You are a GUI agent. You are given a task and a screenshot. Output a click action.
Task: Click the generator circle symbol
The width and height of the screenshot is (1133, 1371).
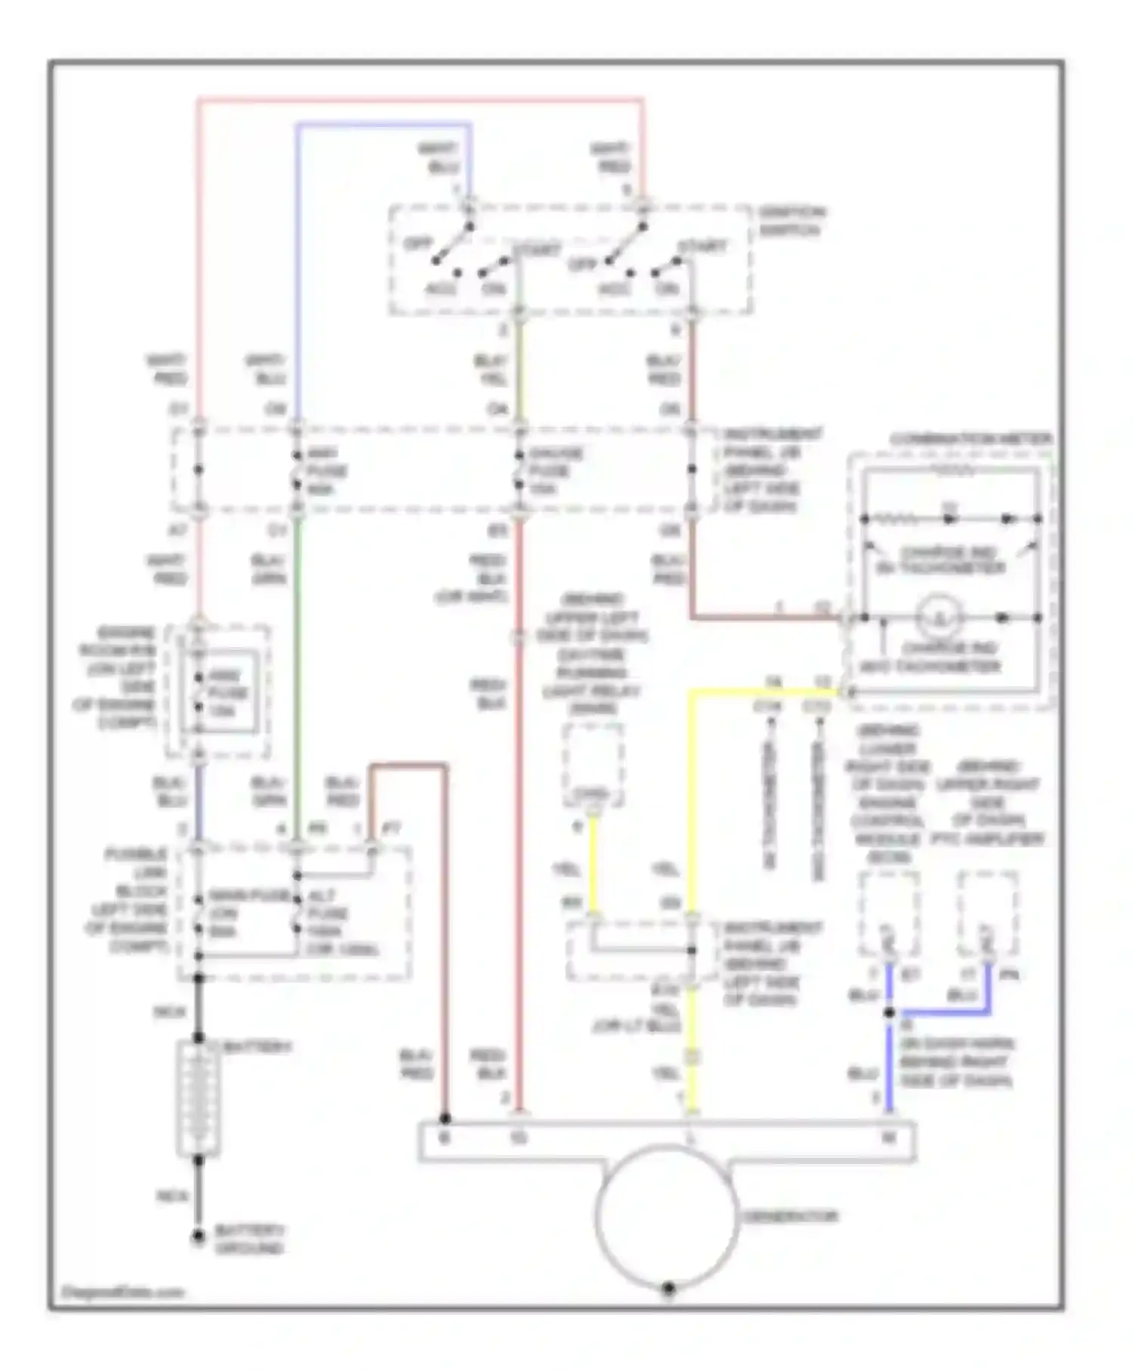666,1216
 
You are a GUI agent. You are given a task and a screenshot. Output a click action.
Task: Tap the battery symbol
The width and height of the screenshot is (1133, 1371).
198,1100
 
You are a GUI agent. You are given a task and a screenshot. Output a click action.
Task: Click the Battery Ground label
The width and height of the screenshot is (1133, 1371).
249,1239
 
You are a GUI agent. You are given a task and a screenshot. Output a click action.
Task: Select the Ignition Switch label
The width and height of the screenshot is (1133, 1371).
791,220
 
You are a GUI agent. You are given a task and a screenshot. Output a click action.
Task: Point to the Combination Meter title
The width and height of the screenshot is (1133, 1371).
971,439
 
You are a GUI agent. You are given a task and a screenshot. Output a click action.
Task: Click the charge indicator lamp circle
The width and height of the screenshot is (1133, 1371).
940,617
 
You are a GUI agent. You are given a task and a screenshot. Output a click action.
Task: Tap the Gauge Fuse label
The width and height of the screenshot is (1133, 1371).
554,471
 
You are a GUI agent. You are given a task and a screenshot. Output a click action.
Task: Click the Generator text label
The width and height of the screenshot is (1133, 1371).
789,1217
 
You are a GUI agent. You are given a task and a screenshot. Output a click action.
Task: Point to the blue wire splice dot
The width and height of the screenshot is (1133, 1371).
889,1013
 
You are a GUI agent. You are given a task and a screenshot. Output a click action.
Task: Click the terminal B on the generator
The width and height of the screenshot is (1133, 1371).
444,1137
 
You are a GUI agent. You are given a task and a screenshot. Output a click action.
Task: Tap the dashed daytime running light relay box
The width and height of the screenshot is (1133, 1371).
594,765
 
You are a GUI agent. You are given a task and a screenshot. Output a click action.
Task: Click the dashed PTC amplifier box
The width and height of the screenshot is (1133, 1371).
986,913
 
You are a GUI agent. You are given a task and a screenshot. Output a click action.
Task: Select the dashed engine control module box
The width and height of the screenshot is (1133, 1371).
889,913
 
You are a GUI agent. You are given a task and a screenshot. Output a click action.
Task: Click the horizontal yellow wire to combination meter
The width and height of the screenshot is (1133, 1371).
763,692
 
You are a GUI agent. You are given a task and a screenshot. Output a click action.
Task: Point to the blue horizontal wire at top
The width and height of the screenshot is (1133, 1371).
383,125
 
